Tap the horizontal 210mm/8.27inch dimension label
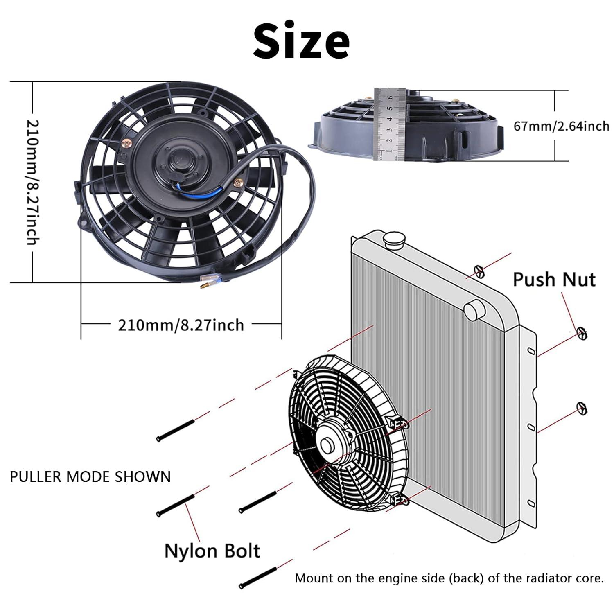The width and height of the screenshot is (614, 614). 181,325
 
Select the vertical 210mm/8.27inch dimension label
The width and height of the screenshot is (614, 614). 33,182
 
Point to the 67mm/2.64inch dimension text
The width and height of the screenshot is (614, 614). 561,126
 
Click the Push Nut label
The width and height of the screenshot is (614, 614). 554,280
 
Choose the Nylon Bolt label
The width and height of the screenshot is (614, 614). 212,551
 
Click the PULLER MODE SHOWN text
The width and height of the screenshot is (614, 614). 90,477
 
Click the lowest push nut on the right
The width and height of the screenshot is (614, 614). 581,408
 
